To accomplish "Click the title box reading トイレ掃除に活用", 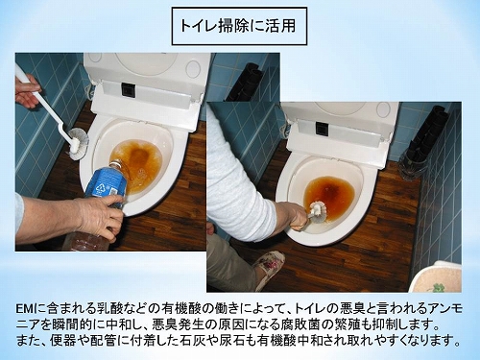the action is point(239,26).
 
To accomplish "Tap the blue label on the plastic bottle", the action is point(108,184).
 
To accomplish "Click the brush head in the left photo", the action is point(78,143).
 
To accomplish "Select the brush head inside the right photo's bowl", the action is point(319,211).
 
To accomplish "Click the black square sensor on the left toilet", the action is point(127,89).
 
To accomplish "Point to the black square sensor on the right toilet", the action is point(323,128).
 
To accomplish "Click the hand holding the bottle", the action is point(96,214).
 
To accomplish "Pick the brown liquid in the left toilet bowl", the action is point(136,162).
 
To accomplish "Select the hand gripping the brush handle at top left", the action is point(27,90).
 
